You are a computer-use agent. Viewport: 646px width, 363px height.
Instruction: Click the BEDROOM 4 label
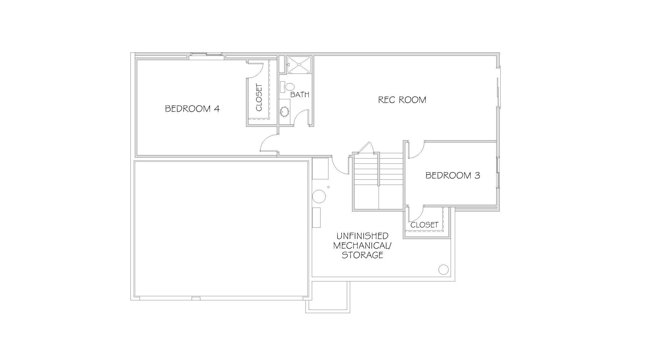(192, 109)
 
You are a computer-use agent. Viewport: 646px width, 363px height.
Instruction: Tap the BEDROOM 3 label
(453, 176)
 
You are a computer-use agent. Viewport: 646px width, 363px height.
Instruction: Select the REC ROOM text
(402, 100)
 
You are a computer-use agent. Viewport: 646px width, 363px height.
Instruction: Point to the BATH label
(300, 94)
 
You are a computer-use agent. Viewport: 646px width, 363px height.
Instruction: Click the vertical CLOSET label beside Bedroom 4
(259, 97)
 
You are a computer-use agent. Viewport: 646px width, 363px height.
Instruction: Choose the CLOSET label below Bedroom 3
(424, 225)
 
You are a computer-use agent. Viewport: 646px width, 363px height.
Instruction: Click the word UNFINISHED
(362, 236)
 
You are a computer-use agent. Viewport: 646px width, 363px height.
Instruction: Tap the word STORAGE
(362, 255)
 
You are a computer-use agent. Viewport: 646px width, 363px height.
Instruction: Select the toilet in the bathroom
(287, 87)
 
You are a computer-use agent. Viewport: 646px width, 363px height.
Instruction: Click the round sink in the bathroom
(284, 111)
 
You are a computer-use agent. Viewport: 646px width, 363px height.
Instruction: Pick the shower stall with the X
(299, 65)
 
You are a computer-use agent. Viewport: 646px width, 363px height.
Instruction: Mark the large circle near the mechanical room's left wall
(319, 196)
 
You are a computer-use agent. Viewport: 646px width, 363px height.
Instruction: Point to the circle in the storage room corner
(443, 270)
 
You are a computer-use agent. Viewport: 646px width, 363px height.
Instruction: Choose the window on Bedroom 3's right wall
(498, 173)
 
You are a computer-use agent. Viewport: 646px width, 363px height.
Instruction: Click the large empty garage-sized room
(221, 229)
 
